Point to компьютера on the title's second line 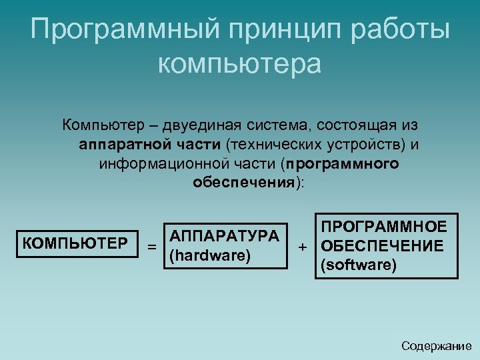point(240,64)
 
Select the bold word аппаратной point(116,144)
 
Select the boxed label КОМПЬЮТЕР point(75,242)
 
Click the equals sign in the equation point(152,247)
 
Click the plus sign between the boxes point(303,247)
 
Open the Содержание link point(436,346)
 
